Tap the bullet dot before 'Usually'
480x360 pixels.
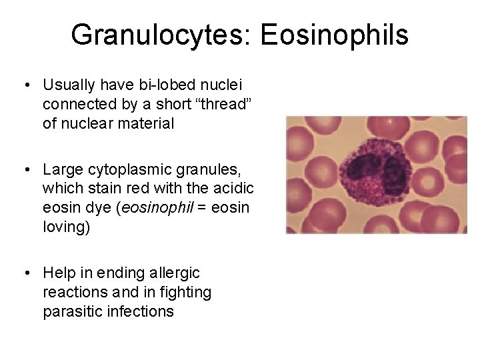(25, 86)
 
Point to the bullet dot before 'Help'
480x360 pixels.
(25, 273)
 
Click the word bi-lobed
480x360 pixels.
(161, 85)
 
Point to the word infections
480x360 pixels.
(143, 312)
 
